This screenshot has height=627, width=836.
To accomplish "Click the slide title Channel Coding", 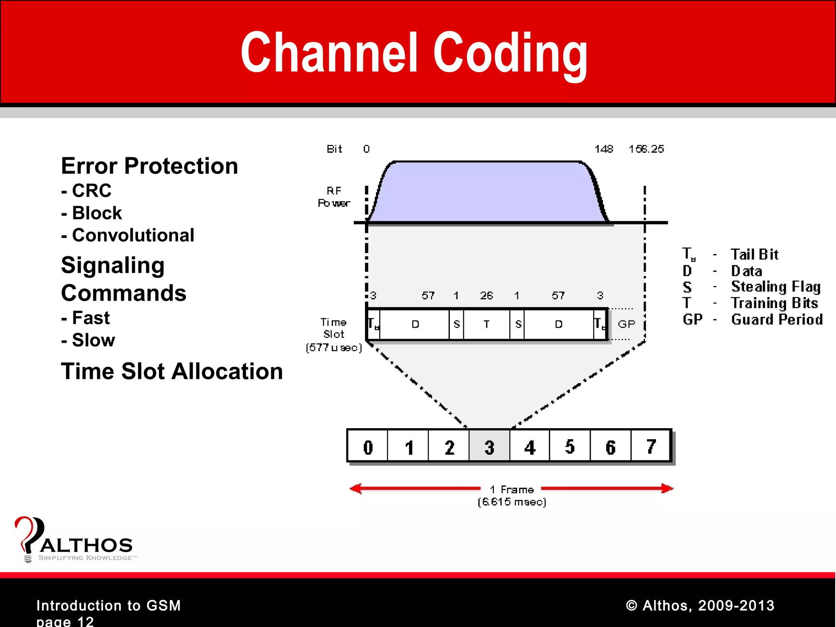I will coord(414,53).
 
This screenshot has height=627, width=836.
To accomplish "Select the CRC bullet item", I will coord(87,191).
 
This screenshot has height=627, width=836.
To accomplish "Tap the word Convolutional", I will coord(133,235).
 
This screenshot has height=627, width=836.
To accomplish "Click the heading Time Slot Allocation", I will coord(172,371).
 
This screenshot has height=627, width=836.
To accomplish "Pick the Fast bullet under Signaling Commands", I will coord(86,318).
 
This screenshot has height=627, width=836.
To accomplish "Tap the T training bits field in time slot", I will coord(487,324).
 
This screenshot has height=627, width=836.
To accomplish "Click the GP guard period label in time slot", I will coord(626,324).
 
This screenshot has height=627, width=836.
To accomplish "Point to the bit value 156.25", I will coord(646,149).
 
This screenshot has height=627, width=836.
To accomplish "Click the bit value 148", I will coord(603,149).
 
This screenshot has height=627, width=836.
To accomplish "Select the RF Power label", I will coord(334,197).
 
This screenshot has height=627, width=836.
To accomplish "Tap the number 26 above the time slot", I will coord(486,296).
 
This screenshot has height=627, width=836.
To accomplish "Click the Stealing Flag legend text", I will coord(776,287).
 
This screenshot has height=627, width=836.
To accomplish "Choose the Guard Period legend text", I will coord(776,320).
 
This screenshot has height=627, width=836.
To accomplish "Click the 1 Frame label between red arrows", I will coord(512,489).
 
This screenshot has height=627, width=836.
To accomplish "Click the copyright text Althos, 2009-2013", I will coord(700,605).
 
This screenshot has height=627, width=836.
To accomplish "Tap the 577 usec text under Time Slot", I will coord(334,348).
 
